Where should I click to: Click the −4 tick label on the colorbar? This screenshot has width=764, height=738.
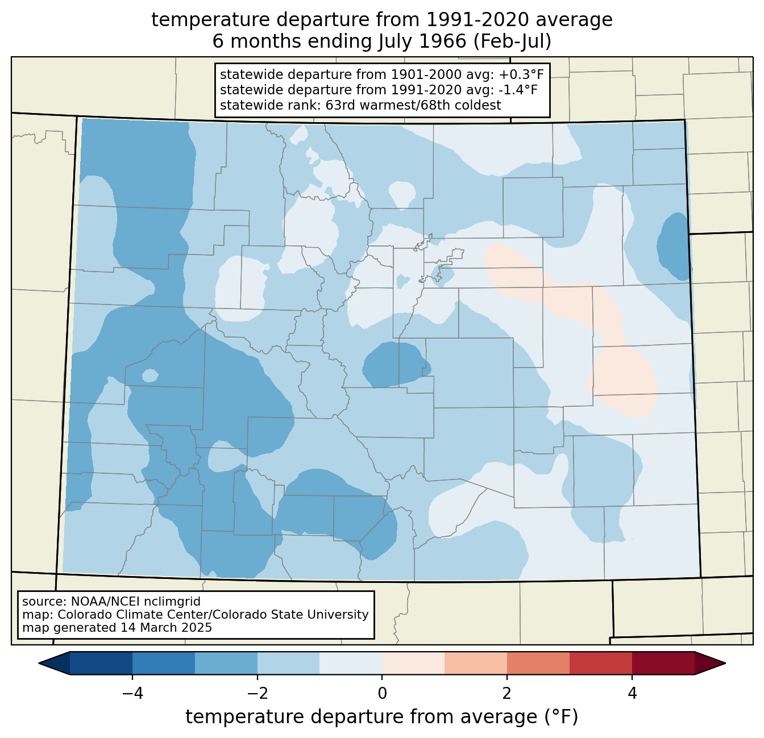click(132, 693)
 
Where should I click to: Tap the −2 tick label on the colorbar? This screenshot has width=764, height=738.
click(257, 693)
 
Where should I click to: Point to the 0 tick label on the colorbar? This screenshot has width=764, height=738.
click(382, 693)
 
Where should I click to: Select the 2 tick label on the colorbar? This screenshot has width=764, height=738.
click(507, 693)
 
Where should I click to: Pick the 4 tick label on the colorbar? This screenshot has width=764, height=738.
click(632, 693)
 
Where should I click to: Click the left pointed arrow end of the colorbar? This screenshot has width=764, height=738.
click(39, 664)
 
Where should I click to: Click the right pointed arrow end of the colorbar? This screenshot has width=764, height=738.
click(725, 664)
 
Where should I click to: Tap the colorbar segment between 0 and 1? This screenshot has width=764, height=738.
click(413, 664)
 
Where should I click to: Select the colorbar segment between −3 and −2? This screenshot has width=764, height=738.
click(226, 664)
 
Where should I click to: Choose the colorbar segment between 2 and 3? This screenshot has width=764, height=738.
click(538, 664)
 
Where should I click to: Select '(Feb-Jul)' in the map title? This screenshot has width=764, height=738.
click(512, 41)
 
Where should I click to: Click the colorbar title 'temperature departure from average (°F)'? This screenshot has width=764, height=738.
click(382, 716)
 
